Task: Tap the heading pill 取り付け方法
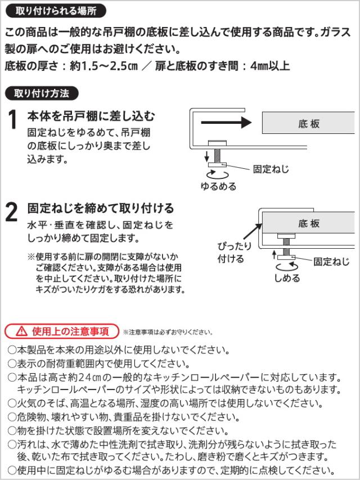(42, 93)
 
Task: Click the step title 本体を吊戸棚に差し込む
(91, 116)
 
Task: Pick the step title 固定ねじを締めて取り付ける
(101, 209)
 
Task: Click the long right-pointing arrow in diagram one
(224, 122)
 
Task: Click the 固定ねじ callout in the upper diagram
(270, 168)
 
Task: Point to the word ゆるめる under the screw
(219, 186)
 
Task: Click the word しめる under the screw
(287, 278)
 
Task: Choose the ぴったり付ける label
(231, 253)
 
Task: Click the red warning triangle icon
(21, 330)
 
